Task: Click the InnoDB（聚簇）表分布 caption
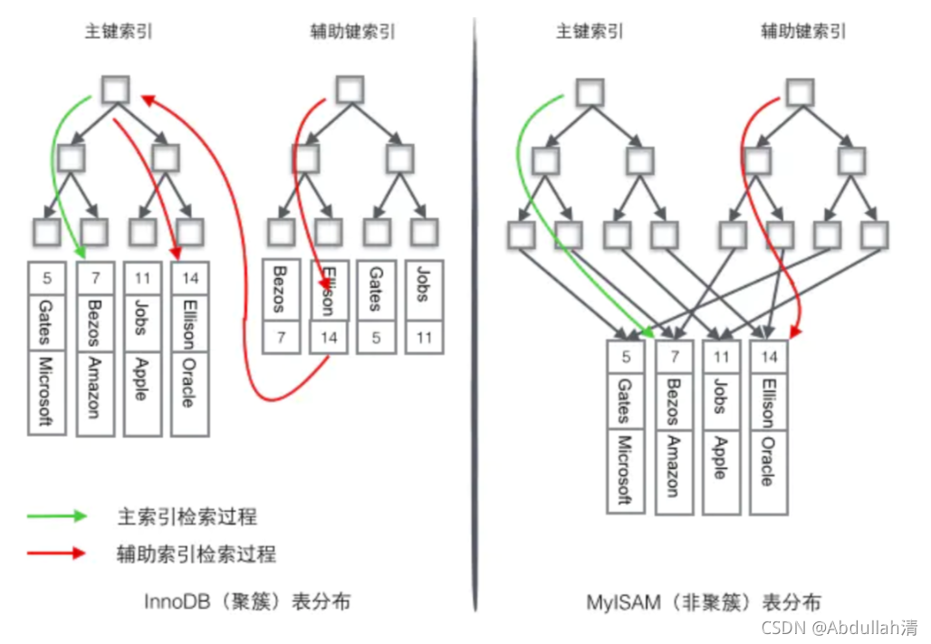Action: coord(247,601)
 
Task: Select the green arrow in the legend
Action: coord(56,516)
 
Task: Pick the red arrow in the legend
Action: coord(56,553)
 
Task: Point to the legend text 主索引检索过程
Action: coord(187,516)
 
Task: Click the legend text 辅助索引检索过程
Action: coord(197,553)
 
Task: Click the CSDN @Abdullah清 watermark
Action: coord(839,627)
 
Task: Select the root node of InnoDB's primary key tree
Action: coord(116,90)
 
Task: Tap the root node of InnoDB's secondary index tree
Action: coord(350,89)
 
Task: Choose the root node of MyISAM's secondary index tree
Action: coord(800,91)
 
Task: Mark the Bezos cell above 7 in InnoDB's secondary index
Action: coord(279,291)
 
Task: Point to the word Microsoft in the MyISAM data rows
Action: coord(624,469)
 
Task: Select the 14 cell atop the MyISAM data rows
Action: coord(768,357)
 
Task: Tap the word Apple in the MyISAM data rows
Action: coord(721,457)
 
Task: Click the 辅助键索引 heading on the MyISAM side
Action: coord(803,32)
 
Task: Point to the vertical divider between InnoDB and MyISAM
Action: coord(475,317)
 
